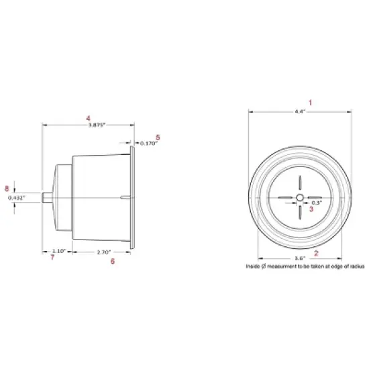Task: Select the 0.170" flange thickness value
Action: [148, 143]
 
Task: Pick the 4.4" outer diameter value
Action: [300, 111]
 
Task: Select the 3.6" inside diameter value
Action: [300, 258]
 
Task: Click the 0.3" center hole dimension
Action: [317, 202]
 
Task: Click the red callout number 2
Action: [316, 254]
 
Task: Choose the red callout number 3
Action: [311, 209]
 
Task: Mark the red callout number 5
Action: [156, 137]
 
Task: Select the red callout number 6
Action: [112, 261]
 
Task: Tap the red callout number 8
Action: [7, 189]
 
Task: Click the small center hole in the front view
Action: [300, 198]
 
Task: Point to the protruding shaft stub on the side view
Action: [46, 198]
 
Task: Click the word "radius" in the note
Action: [355, 266]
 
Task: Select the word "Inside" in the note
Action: [254, 266]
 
